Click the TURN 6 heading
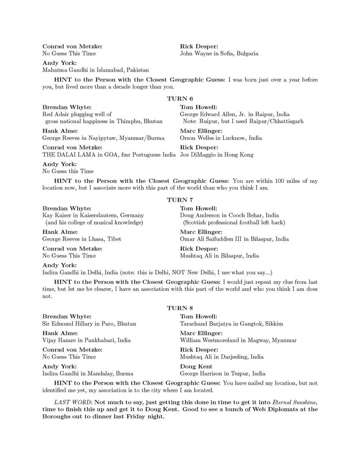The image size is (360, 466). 180,99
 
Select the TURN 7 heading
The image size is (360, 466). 180,200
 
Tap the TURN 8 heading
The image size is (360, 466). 180,308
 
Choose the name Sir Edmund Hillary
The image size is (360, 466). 70,323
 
